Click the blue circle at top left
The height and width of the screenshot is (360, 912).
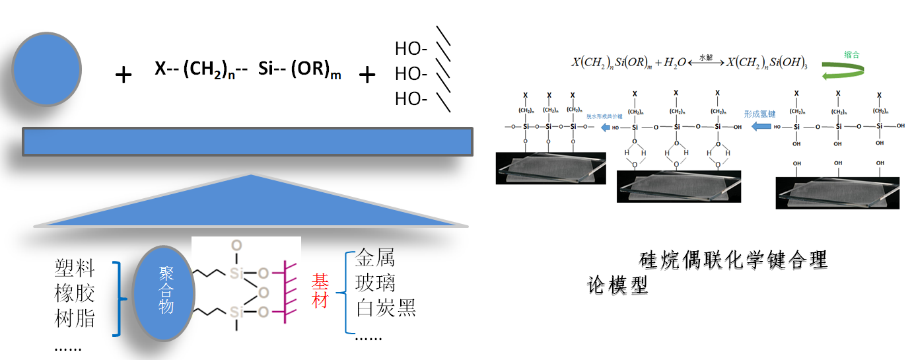[46, 69]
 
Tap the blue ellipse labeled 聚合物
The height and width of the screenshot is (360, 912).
[164, 291]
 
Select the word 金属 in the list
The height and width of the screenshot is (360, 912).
[375, 259]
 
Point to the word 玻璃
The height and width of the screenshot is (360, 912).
[375, 283]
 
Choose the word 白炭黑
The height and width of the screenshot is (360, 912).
[386, 308]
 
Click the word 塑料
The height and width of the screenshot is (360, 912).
[75, 269]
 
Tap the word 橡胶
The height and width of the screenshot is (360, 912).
[75, 294]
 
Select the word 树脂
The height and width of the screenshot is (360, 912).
[75, 319]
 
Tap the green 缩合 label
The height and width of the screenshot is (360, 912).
[851, 54]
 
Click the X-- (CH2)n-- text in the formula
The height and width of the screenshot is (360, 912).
[201, 70]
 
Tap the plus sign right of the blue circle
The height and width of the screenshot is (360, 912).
[123, 75]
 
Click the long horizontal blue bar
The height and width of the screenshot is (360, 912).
[248, 142]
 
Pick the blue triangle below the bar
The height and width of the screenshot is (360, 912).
[251, 205]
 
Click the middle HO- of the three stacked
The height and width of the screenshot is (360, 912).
[411, 73]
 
